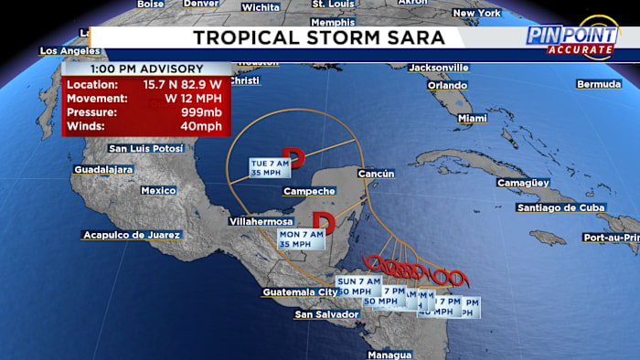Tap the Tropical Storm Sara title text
tap(318, 37)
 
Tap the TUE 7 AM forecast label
tap(270, 166)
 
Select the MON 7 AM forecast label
tap(302, 238)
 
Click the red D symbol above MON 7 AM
tap(323, 220)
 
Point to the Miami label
tap(473, 119)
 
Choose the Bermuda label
tap(599, 85)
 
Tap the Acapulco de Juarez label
tap(131, 235)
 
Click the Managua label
tap(389, 354)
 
